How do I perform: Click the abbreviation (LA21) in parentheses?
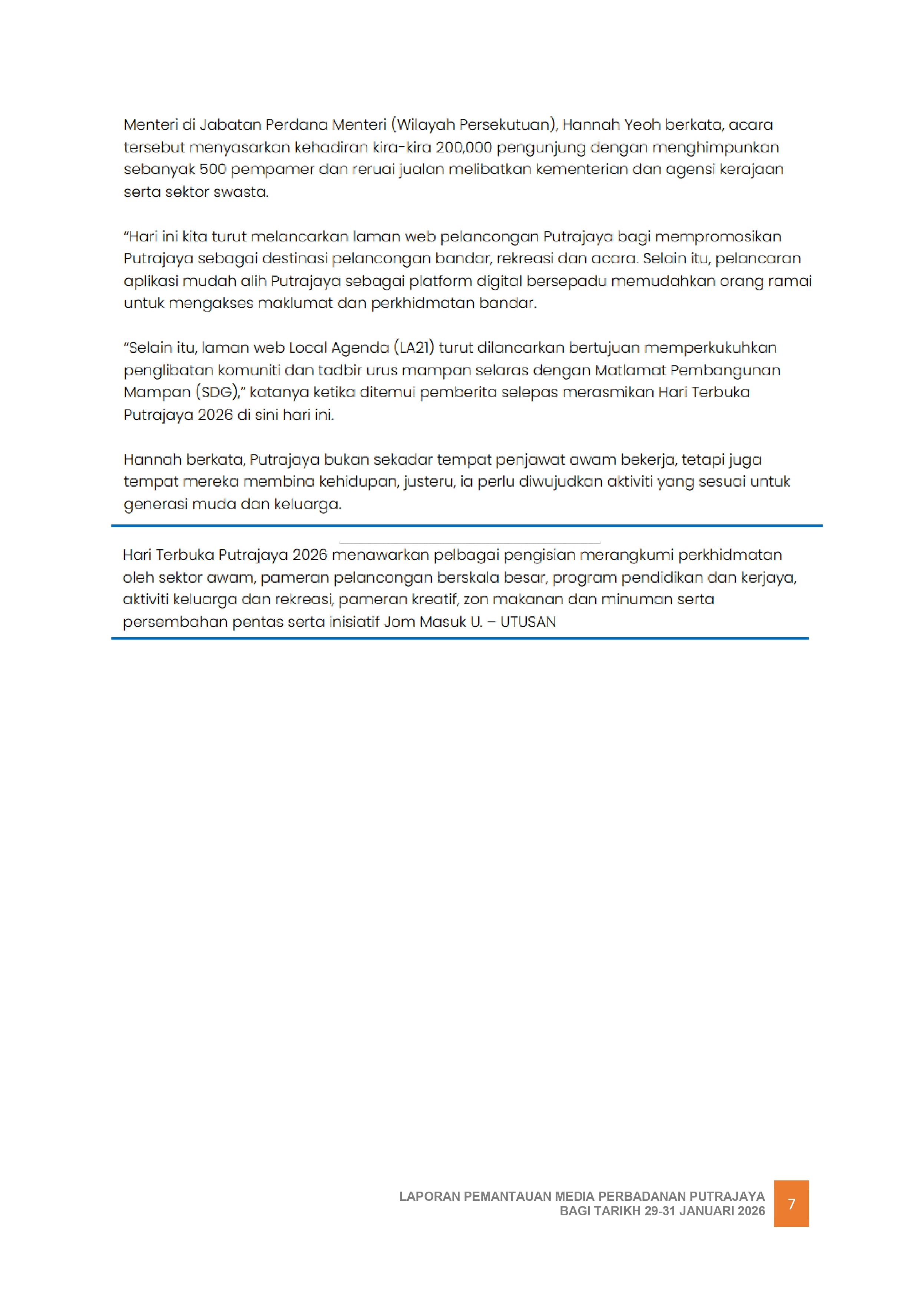[x=414, y=348]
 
